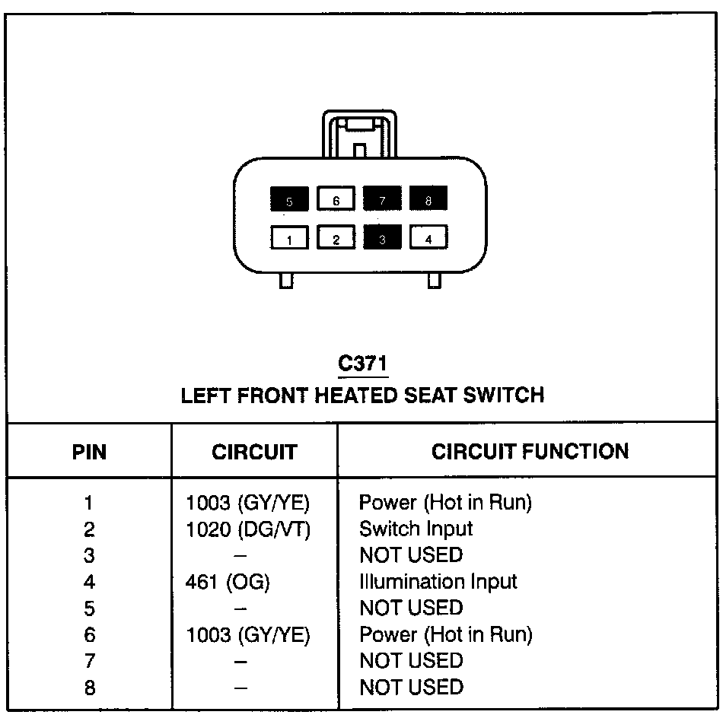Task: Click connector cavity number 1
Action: click(290, 240)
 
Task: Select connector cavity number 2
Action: click(336, 240)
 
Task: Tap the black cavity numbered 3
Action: click(382, 239)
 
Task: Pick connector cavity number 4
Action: click(428, 238)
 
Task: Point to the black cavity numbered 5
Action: click(289, 201)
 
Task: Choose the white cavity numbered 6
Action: click(336, 201)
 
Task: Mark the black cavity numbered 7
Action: click(382, 200)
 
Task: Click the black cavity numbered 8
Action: click(428, 199)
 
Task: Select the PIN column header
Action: click(89, 452)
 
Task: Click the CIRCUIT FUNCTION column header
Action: click(530, 451)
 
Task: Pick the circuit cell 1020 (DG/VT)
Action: click(248, 529)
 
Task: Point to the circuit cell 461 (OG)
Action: click(228, 583)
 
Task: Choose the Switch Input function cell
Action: click(416, 529)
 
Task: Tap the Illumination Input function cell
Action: click(438, 582)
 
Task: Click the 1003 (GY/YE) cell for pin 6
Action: click(248, 635)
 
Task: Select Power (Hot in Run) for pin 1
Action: click(446, 503)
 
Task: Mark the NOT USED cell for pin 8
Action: click(411, 688)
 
